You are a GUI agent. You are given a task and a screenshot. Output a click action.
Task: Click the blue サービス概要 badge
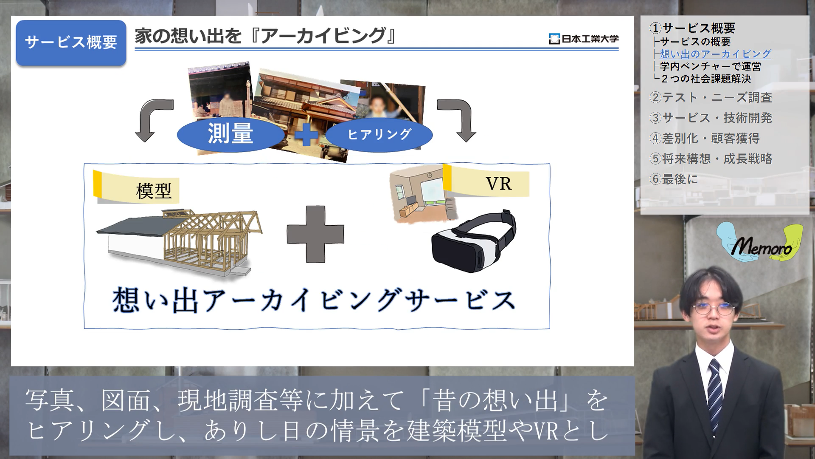71,42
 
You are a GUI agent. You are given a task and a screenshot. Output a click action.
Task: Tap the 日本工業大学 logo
584,39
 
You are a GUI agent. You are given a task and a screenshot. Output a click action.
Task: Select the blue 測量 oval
230,133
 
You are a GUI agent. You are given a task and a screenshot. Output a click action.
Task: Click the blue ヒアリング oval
379,134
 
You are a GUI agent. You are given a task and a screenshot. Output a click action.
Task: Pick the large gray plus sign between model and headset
315,234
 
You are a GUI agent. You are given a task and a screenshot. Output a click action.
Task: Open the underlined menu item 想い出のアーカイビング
715,54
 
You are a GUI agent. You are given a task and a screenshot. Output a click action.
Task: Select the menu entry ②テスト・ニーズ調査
711,97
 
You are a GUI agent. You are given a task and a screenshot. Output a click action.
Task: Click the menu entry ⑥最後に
674,179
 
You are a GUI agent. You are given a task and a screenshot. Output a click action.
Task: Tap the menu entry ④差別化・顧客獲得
711,138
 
